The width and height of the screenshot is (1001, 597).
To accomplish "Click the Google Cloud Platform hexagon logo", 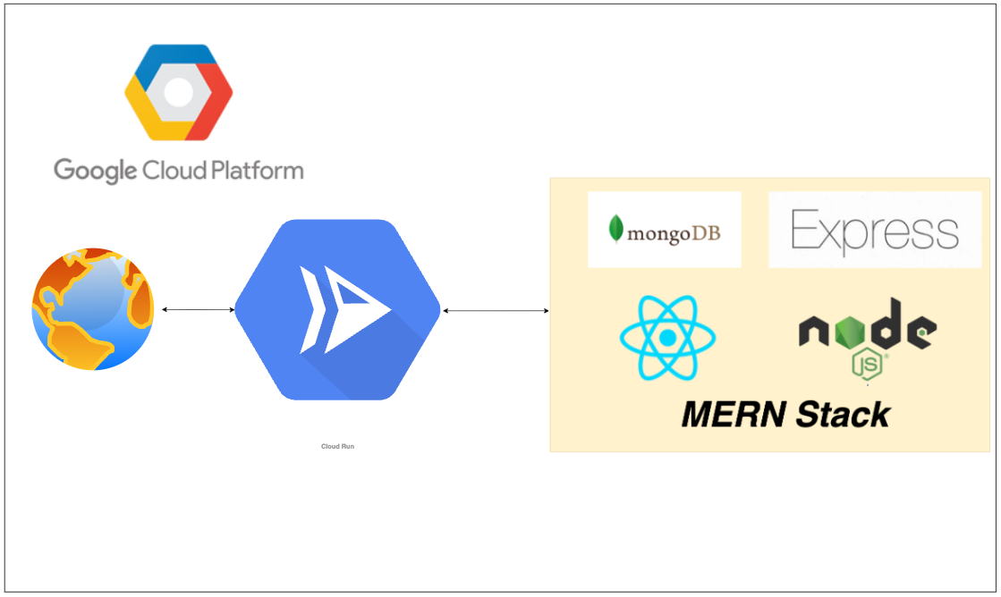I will [x=178, y=92].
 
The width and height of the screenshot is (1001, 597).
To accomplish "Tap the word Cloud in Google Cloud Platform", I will [x=169, y=169].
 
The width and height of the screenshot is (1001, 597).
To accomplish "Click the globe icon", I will [x=93, y=309].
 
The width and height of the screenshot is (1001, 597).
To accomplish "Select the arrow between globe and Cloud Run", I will [x=198, y=310].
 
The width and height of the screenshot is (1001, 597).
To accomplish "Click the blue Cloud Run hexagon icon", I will [x=338, y=309].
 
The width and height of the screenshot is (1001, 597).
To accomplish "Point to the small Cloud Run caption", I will [x=337, y=446].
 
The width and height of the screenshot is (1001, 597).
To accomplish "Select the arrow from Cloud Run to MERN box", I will [x=496, y=311].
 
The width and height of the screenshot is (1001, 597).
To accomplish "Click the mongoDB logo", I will [x=664, y=230].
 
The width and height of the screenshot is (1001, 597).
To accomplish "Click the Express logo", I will [x=874, y=230].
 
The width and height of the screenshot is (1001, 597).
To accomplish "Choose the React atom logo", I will [x=667, y=339].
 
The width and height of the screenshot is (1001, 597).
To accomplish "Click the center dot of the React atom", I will [x=667, y=339].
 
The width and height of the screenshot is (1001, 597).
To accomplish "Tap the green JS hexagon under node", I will [x=867, y=366].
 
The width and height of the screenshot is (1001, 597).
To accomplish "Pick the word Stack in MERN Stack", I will [x=843, y=415].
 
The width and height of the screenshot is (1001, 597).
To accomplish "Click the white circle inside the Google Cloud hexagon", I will [x=178, y=92].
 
